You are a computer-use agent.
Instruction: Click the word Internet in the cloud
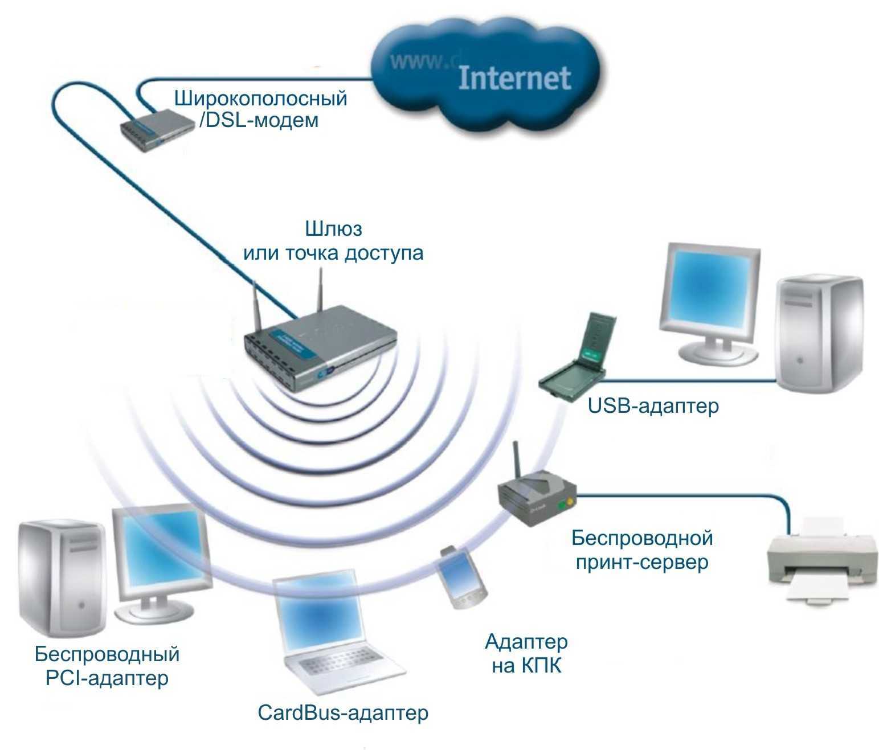click(514, 78)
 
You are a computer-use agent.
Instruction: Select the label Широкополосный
click(260, 98)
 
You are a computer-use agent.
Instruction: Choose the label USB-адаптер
click(653, 406)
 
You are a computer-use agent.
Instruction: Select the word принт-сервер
click(641, 563)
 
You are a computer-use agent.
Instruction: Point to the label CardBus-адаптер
click(342, 712)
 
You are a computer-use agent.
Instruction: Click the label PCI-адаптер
click(107, 678)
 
